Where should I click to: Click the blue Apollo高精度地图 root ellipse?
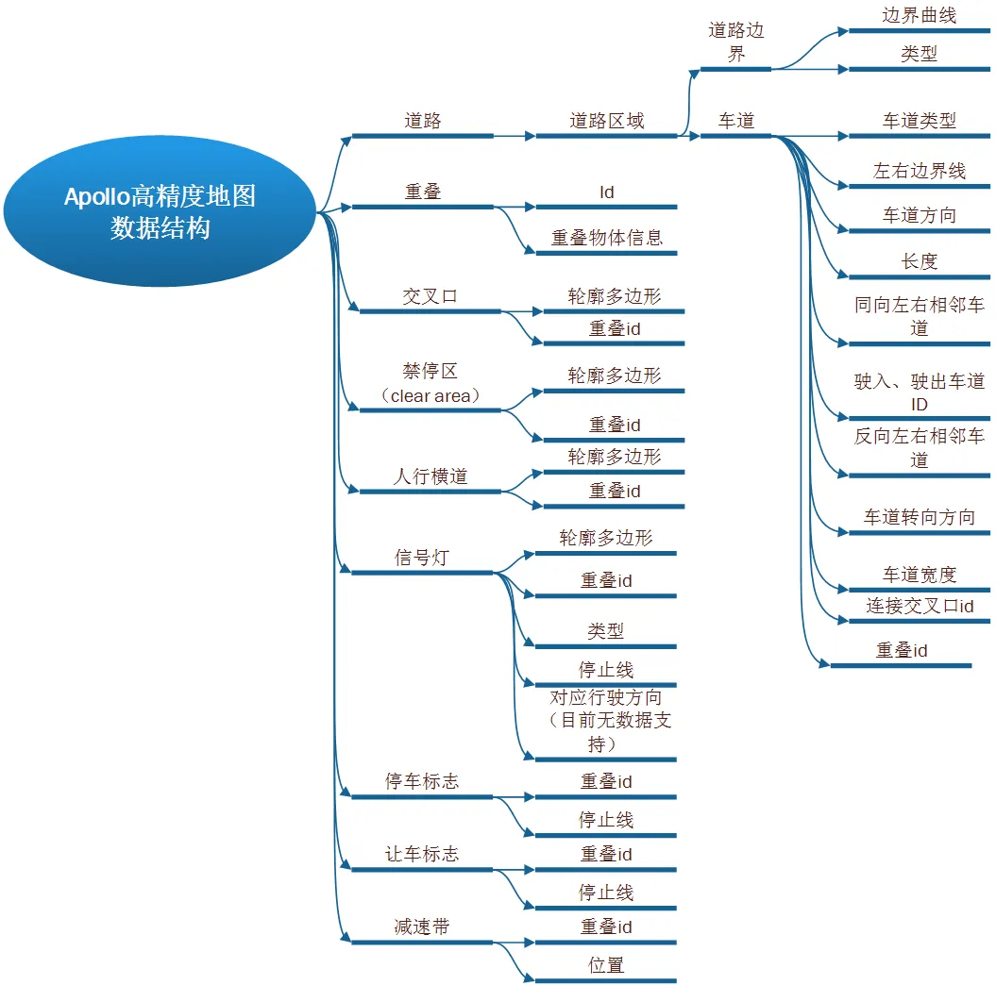[x=159, y=211]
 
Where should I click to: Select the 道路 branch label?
[x=422, y=121]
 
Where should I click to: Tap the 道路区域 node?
[x=606, y=121]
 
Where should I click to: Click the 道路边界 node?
[x=735, y=42]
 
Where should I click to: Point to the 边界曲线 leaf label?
[x=918, y=16]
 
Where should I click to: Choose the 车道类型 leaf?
[x=919, y=121]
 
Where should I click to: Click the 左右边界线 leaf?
[x=919, y=172]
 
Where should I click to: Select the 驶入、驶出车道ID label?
[x=919, y=392]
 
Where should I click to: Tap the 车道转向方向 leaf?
[x=919, y=517]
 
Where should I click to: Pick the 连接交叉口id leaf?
[x=919, y=606]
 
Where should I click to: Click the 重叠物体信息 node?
[x=606, y=238]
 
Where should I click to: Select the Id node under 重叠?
[x=606, y=192]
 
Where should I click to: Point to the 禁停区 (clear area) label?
[x=430, y=384]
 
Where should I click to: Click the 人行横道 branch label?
[x=430, y=476]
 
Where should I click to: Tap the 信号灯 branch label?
[x=421, y=558]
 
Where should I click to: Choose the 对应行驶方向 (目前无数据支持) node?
[x=606, y=721]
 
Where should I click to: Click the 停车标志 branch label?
[x=421, y=782]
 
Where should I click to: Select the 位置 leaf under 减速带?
[x=606, y=965]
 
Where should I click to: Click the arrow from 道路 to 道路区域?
[x=515, y=136]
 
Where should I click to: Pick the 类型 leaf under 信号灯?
[x=606, y=631]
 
